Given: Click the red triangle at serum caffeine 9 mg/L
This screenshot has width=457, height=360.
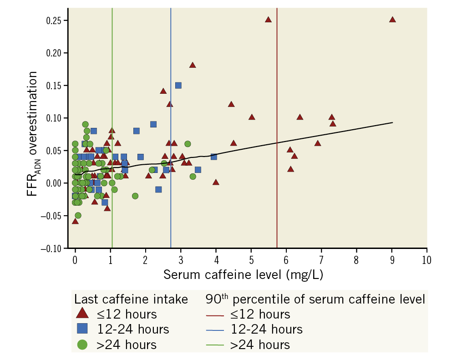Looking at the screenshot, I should tap(392, 20).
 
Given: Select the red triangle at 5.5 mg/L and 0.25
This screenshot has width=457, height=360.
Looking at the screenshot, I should tap(268, 20).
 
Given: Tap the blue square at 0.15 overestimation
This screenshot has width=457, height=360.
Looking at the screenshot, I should tap(178, 85).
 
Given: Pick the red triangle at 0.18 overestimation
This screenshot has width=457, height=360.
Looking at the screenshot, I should tap(193, 65).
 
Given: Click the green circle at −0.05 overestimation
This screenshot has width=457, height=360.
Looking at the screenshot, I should tap(78, 215).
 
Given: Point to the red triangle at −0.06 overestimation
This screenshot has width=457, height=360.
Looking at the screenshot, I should tap(75, 221).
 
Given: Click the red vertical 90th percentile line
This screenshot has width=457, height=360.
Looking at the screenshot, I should tap(277, 137).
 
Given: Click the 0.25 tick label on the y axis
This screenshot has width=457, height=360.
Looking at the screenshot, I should tap(56, 20).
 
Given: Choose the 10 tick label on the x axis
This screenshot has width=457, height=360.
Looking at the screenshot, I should tap(427, 259).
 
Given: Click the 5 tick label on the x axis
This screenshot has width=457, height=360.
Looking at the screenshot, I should tap(251, 259).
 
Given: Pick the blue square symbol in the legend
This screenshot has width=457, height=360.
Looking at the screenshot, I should tap(82, 329).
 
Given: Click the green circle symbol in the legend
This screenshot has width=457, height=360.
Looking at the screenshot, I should tap(82, 345).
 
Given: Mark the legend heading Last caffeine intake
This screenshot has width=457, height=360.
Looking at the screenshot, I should tap(131, 299).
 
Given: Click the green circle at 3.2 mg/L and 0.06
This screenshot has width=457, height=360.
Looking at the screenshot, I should tap(188, 144).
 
